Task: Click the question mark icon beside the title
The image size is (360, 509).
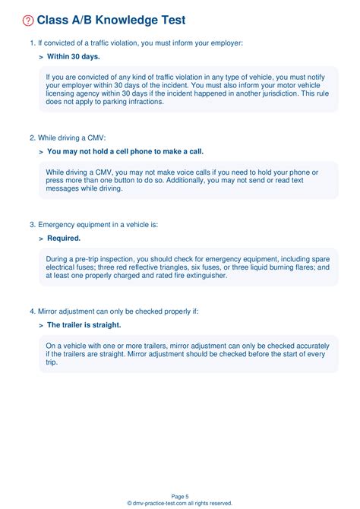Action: (x=28, y=21)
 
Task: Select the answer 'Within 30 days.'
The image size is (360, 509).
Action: (x=73, y=56)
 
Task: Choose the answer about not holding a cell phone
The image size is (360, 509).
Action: (x=125, y=151)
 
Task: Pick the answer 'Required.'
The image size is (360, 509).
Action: (x=64, y=239)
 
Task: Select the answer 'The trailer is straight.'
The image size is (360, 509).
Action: (x=84, y=325)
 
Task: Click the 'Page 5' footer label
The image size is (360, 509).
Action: (x=180, y=495)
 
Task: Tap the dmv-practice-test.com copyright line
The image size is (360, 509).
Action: (x=180, y=503)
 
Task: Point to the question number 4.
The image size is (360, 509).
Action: (x=31, y=311)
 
